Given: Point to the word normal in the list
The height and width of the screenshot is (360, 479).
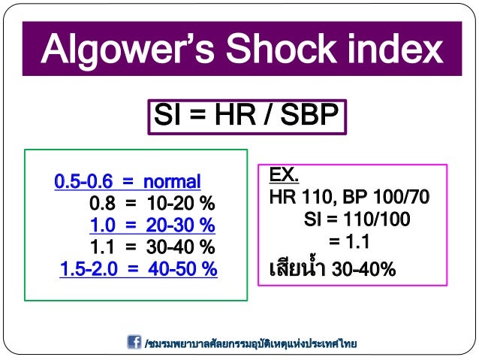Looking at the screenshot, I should click(172, 182).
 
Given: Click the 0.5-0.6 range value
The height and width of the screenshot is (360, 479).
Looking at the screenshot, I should click(82, 182).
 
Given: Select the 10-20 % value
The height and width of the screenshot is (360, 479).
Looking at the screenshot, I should click(181, 204).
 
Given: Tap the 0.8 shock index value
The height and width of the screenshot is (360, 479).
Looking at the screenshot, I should click(103, 204).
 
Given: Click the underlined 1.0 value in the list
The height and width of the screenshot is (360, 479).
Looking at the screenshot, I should click(103, 225).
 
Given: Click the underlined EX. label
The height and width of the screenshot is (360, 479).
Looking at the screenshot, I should click(285, 176).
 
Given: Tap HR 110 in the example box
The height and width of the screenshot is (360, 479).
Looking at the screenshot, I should click(301, 198).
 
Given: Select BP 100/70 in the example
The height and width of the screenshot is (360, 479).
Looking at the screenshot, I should click(387, 198).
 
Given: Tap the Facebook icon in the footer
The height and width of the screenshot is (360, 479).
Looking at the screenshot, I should click(134, 342).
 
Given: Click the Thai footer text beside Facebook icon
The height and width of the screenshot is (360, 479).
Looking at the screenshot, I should click(251, 343).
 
